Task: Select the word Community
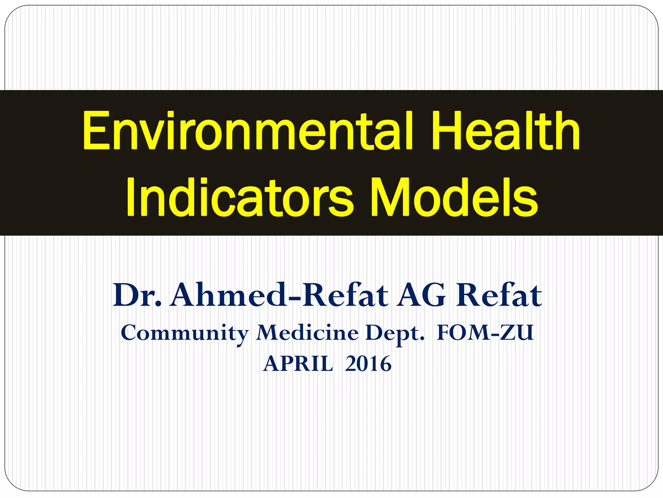pyautogui.click(x=185, y=333)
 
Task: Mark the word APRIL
pyautogui.click(x=298, y=364)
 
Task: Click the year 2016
pyautogui.click(x=368, y=364)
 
